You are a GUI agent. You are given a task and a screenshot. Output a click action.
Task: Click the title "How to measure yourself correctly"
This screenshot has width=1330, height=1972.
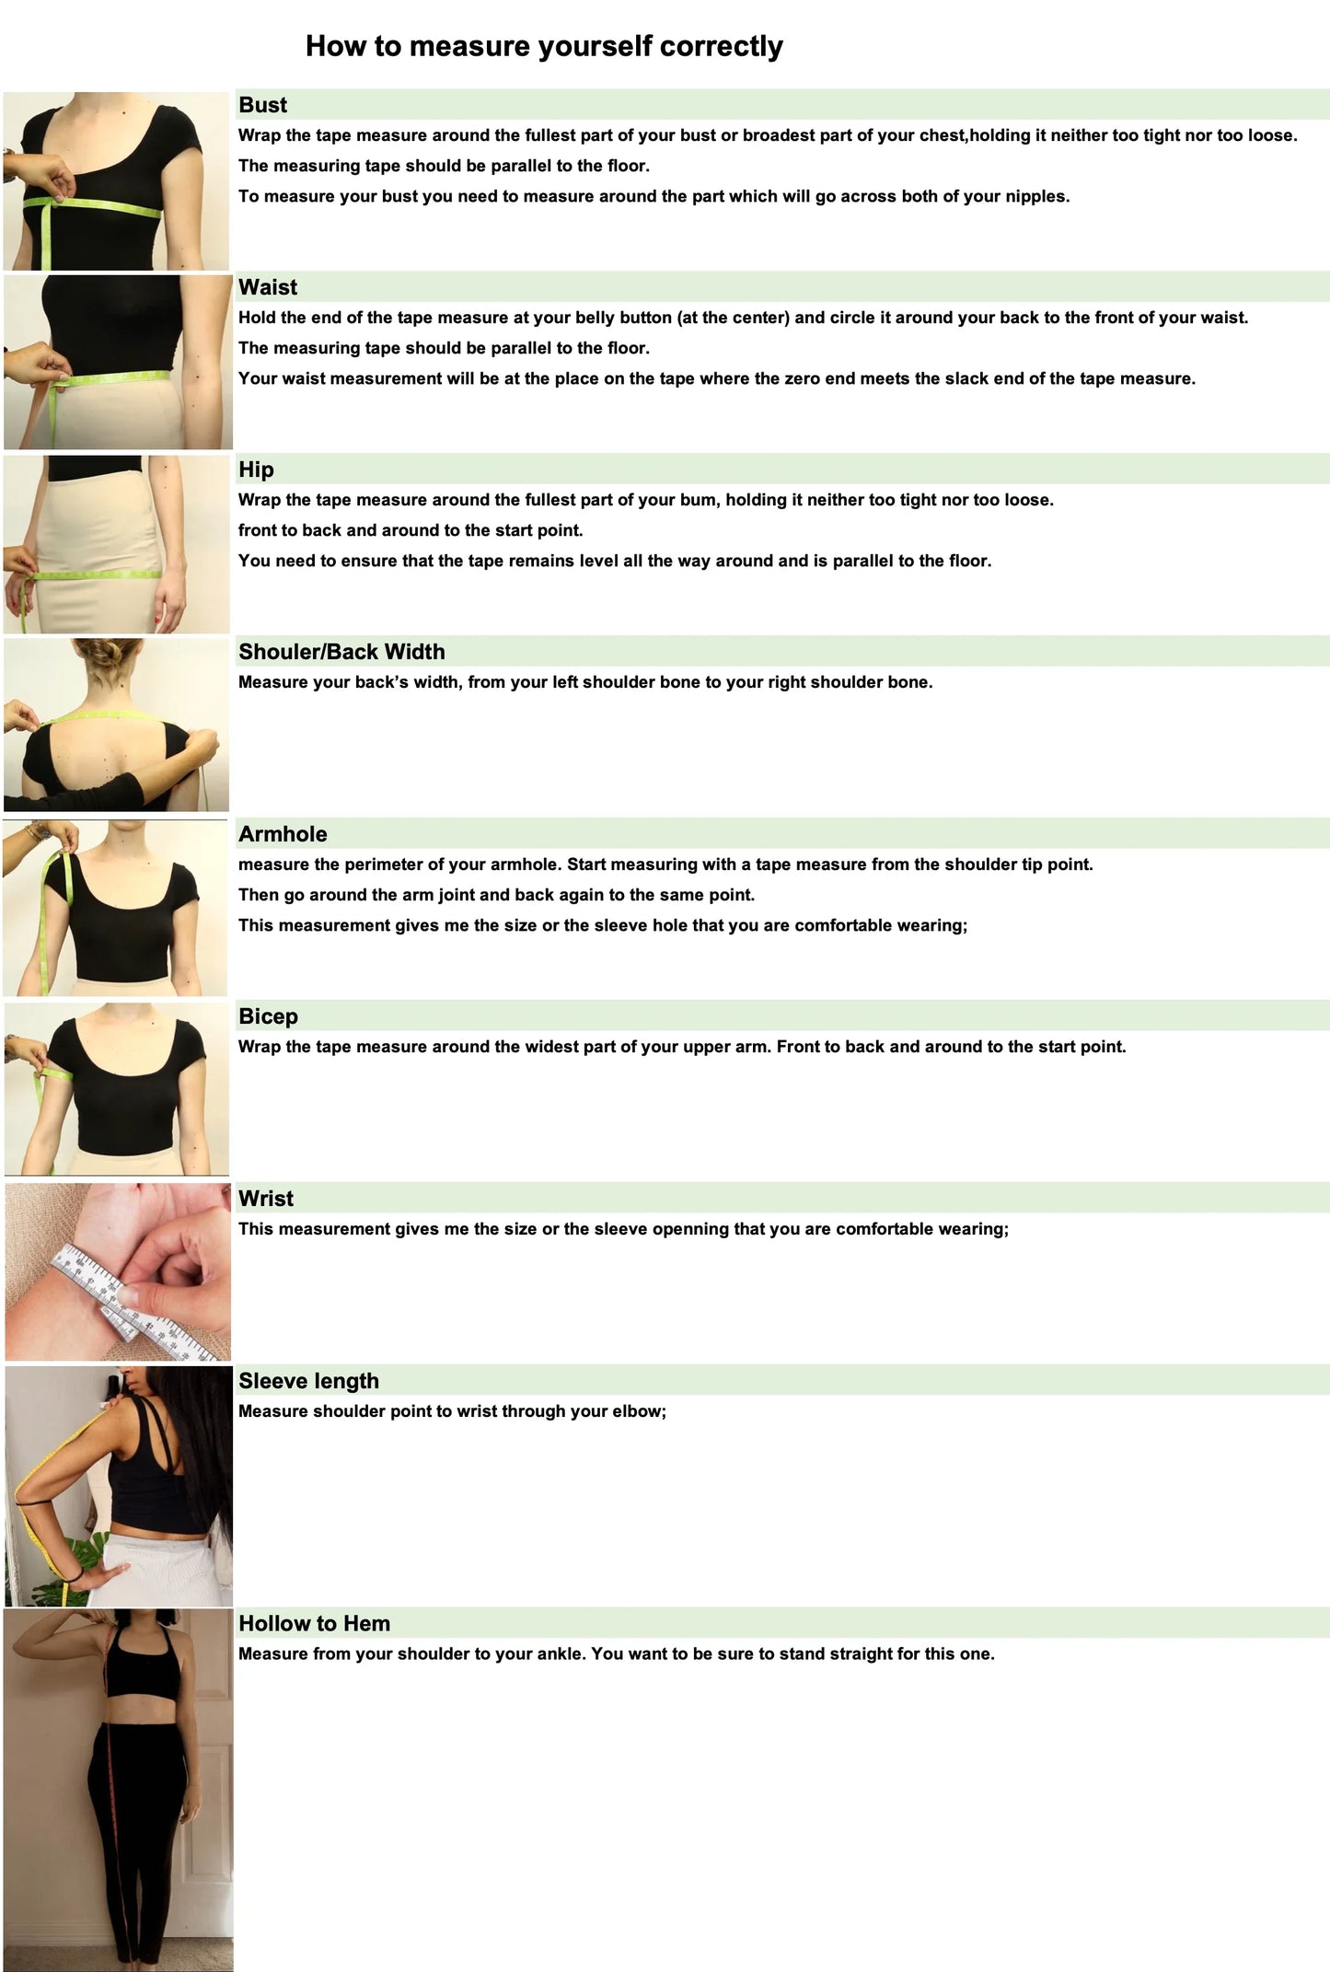[544, 46]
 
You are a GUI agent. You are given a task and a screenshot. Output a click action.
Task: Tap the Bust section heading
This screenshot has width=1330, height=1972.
[263, 105]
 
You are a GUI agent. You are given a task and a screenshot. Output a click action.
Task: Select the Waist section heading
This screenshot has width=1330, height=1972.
[268, 287]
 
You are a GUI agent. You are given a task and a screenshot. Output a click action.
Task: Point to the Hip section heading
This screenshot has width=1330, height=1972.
[256, 470]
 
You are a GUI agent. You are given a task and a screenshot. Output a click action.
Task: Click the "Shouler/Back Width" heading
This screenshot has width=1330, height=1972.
[341, 652]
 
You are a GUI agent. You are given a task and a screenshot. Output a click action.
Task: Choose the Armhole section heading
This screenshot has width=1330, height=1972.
[283, 834]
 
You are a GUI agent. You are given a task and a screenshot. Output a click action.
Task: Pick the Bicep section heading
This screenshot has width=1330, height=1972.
[268, 1016]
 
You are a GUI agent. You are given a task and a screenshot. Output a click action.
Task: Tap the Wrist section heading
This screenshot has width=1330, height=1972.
[266, 1199]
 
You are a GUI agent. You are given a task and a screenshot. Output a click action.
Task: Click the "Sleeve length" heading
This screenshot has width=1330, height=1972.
[308, 1381]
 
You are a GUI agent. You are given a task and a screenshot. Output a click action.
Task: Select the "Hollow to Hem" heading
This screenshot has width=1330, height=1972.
[314, 1623]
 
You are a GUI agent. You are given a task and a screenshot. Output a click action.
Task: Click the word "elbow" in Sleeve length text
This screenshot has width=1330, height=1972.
[636, 1411]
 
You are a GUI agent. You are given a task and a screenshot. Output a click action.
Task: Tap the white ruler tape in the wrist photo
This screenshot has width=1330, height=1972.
[138, 1304]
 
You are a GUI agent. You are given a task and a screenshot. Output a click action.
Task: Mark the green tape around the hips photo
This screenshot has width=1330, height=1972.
[92, 575]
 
